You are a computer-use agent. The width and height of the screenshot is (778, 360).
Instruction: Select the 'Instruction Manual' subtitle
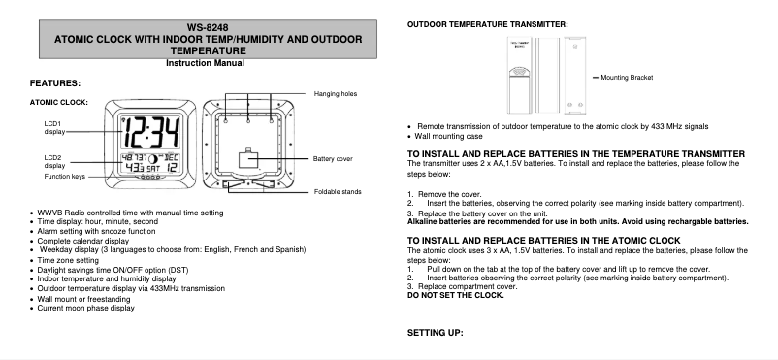coord(205,63)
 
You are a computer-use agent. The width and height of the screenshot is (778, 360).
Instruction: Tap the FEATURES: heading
coord(55,84)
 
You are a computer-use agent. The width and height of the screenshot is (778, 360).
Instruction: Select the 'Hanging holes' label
coord(336,93)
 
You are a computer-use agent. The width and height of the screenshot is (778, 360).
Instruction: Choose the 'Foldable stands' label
coord(338,192)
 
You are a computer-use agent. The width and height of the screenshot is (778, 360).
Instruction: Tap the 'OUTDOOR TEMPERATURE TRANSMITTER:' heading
coord(487,23)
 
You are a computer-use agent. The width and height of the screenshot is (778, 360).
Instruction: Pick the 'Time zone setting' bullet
coord(69,260)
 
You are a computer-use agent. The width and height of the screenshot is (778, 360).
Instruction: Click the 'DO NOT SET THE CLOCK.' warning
coord(456,294)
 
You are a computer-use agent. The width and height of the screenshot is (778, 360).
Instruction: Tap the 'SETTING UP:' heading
coord(436,333)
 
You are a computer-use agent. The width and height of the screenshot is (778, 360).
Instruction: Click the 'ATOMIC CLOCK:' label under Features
coord(60,102)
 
